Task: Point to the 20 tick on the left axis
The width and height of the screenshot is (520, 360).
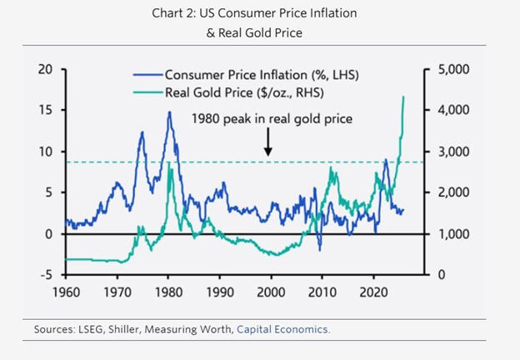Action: [44, 69]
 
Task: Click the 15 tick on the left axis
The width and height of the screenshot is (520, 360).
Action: [44, 110]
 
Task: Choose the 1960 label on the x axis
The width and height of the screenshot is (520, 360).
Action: [66, 293]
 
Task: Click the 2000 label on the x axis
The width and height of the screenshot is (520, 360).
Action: [271, 293]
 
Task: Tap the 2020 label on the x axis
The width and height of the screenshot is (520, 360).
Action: [373, 293]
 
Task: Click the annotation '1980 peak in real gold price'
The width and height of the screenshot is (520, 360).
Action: [272, 118]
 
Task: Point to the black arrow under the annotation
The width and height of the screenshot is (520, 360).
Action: [269, 147]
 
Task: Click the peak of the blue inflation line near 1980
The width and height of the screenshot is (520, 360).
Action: [168, 112]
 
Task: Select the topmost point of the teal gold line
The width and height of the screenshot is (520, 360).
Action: [404, 97]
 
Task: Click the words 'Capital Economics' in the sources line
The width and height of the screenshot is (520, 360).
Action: [283, 329]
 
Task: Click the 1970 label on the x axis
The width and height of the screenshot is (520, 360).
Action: [117, 293]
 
